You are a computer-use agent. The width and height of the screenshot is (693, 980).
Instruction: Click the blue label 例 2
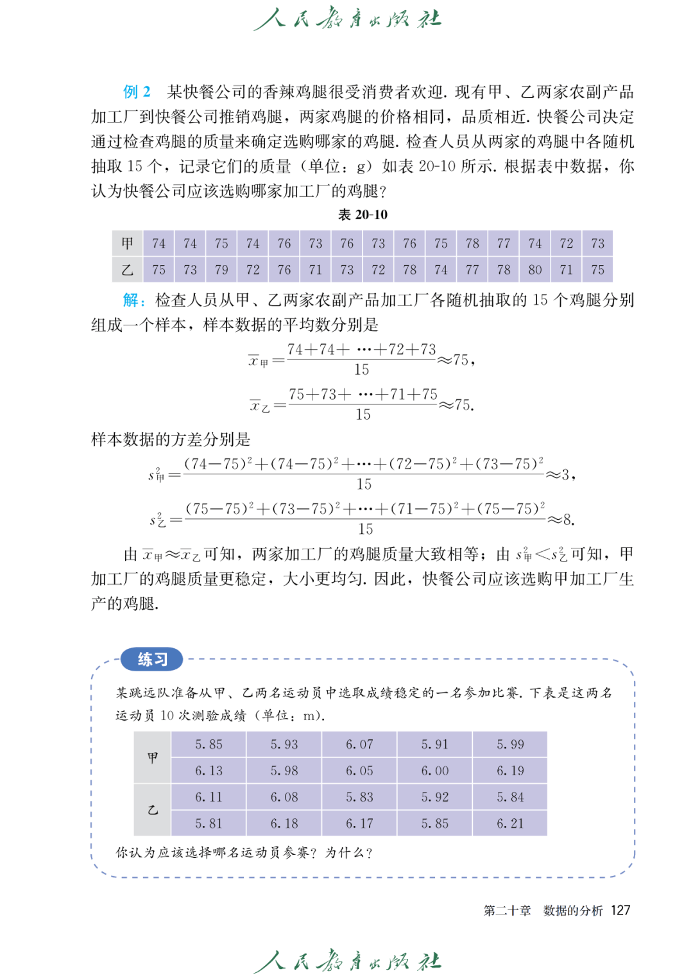tap(137, 92)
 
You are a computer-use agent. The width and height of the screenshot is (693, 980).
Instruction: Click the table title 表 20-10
tap(363, 214)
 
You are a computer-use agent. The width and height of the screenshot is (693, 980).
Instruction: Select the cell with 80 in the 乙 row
tap(535, 270)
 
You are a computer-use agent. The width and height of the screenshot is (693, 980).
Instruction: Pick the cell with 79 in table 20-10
tap(221, 270)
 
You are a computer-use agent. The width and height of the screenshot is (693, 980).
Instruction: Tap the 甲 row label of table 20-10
tap(128, 243)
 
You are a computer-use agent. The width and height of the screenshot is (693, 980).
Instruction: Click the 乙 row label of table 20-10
tap(128, 270)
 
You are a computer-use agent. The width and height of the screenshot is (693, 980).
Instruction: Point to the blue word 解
tap(130, 300)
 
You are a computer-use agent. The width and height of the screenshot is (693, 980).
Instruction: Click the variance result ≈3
tap(560, 475)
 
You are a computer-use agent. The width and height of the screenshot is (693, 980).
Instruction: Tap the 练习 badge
tap(152, 659)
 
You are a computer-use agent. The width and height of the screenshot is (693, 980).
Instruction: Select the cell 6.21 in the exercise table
tap(510, 823)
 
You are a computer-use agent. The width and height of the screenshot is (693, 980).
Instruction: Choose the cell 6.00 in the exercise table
tap(434, 771)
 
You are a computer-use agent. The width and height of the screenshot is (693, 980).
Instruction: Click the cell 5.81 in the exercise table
tap(209, 823)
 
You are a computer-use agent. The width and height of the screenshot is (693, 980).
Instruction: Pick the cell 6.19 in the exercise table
tap(510, 771)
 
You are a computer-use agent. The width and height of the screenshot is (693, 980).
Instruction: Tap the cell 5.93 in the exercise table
tap(284, 744)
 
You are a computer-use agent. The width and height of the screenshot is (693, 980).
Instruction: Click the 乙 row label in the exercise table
tap(153, 810)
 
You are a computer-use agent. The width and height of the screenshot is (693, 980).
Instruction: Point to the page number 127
tap(620, 910)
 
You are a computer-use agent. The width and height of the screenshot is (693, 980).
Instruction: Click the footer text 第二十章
tap(507, 910)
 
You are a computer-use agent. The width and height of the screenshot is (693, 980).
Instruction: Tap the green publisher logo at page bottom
tap(347, 961)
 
